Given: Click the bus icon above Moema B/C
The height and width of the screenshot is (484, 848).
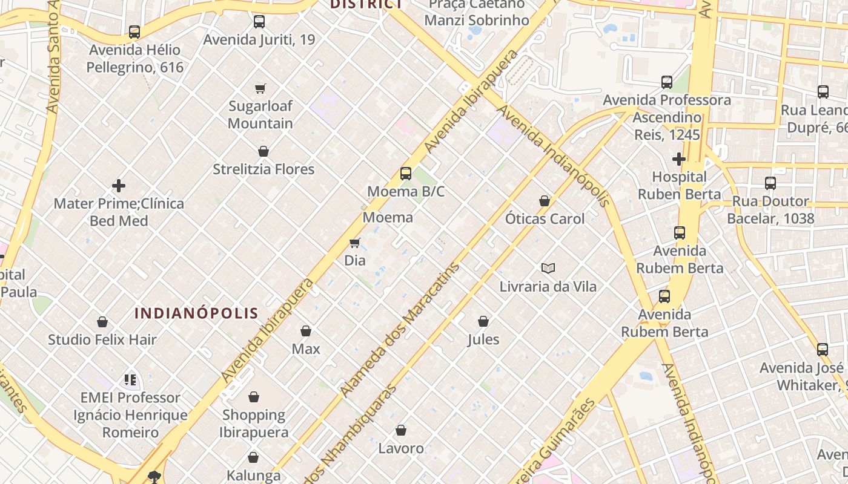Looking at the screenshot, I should point(406,174).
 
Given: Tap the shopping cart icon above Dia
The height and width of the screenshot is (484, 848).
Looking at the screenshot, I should point(355,243).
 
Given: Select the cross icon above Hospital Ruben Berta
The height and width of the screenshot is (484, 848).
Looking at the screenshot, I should point(679,159).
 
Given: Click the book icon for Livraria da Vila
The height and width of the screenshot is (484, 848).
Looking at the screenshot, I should point(548,268).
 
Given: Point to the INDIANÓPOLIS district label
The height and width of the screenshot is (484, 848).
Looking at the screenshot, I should point(196,313).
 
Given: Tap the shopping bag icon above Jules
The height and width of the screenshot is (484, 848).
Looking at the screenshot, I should point(483,321).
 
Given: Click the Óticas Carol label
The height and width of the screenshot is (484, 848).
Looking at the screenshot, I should point(545,218).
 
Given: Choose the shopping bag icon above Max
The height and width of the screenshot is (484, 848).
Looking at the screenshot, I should point(306,331).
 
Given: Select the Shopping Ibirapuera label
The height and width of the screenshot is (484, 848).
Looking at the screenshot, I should point(254,423).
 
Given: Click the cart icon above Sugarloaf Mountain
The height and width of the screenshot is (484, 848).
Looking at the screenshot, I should point(260,88).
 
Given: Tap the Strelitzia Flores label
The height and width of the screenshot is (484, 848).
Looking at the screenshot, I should point(263,169).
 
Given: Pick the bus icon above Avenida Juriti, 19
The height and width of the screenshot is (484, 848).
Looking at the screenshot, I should point(259,22).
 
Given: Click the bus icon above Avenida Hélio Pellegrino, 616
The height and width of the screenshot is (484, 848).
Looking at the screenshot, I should point(134,31).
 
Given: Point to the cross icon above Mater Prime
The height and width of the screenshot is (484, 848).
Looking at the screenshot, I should point(119,185).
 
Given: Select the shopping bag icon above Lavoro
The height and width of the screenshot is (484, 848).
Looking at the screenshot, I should point(400,430).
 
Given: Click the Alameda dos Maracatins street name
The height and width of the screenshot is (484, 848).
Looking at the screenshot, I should point(400,330).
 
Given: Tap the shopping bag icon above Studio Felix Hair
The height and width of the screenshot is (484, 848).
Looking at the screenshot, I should point(102,322).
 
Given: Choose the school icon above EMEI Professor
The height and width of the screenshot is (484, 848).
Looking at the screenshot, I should point(130,380).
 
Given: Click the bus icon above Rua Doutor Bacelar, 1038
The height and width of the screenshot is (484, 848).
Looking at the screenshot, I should point(770,183).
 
